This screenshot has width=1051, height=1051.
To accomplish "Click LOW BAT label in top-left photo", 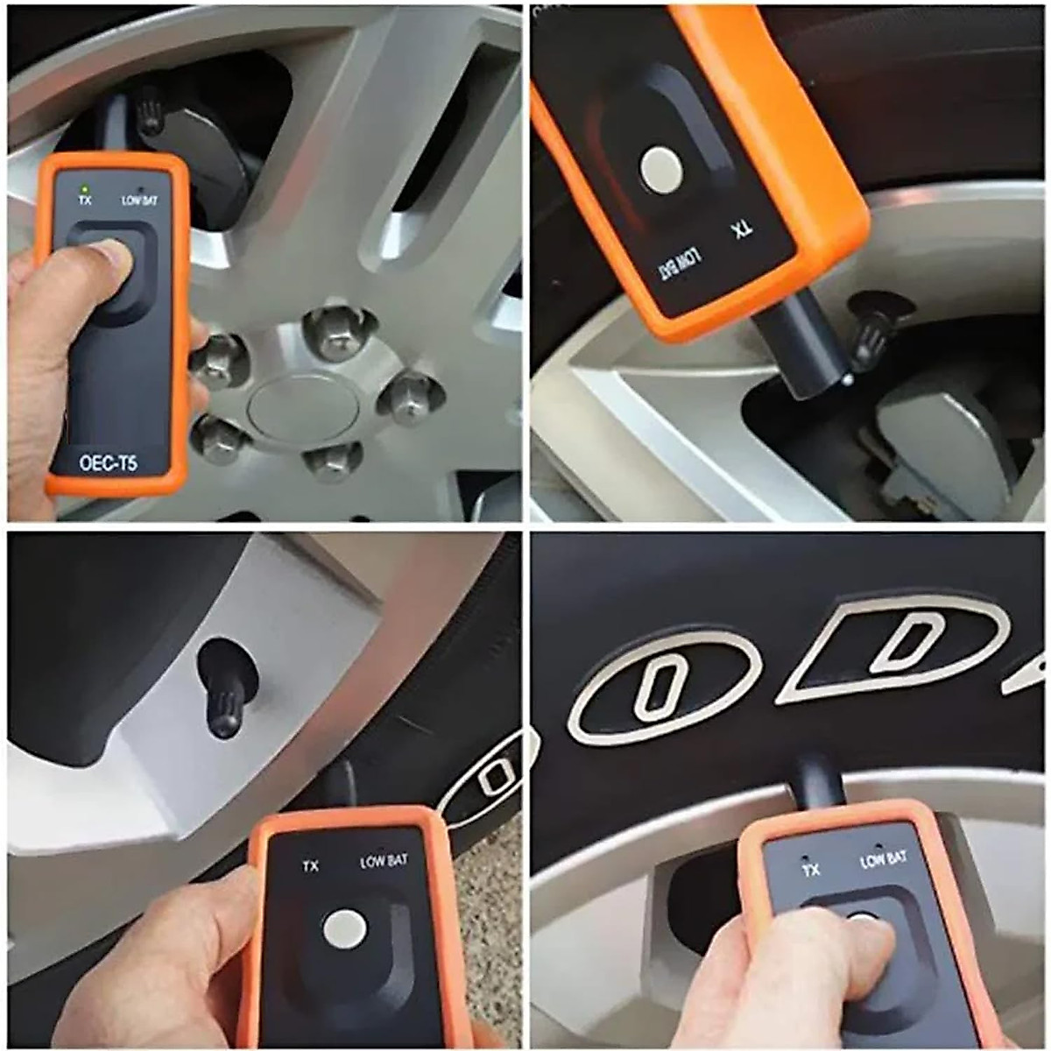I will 139,201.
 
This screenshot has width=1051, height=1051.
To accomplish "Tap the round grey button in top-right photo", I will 660,170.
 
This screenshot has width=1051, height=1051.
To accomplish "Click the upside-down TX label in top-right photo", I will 743,234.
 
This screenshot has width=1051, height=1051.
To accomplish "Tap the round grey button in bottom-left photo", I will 344,928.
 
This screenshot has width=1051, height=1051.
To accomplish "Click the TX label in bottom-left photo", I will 310,866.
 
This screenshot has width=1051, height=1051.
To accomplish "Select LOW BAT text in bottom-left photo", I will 384,862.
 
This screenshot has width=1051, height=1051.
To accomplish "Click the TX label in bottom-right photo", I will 811,870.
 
